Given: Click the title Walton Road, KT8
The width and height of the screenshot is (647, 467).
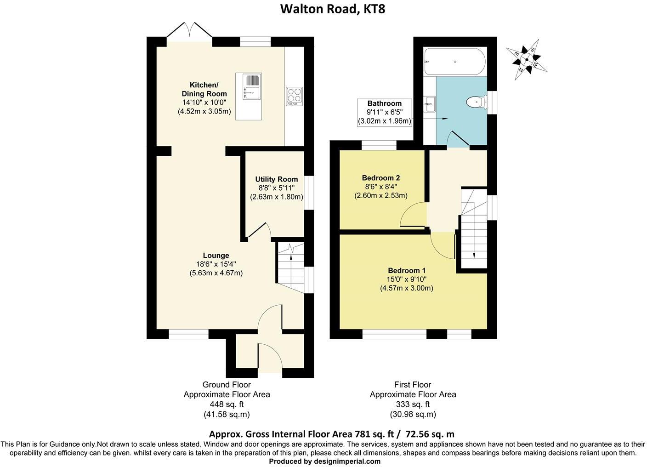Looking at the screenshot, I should pos(333,9).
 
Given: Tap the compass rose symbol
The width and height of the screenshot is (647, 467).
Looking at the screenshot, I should pos(527,59).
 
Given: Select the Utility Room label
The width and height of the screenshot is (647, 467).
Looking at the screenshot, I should pos(277,179).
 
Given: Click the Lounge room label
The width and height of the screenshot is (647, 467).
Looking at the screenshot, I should pos(216,256).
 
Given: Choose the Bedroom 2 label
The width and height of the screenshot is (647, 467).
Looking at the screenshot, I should pos(380,178).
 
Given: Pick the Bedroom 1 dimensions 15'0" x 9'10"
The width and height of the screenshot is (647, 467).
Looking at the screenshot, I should pos(407,279).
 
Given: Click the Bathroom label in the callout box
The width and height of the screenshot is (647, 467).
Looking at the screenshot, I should pos(384,103).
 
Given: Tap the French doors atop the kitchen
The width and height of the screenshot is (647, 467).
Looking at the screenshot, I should pos(189,31).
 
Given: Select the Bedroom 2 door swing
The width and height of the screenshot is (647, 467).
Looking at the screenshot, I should pos(412,216).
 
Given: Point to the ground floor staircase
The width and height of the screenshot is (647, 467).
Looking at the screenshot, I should pos(290,269).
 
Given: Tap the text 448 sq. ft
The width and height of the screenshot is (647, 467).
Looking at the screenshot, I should pos(227,404).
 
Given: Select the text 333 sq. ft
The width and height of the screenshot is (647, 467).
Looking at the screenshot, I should pos(413,404).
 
